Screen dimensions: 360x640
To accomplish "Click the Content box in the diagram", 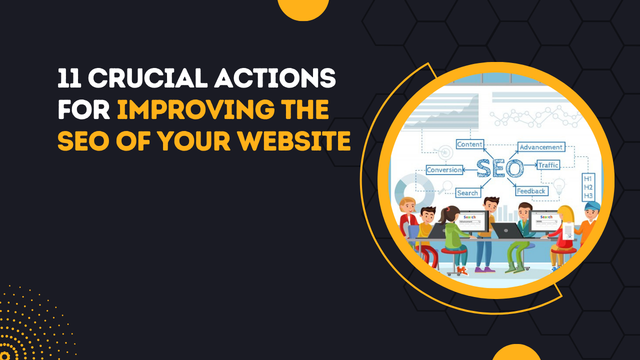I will coord(469,144).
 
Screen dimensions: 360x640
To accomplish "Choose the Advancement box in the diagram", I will coord(541,147).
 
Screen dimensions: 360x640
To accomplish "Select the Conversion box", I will coord(444,170).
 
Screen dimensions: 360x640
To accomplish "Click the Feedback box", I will coord(531,191).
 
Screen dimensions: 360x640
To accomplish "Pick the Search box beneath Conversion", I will coord(467,193).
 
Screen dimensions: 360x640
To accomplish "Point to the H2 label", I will coord(588,187).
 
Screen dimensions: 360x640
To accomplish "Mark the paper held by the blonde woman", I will coord(568,231).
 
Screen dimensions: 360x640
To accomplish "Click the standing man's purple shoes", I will coord(484,269).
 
